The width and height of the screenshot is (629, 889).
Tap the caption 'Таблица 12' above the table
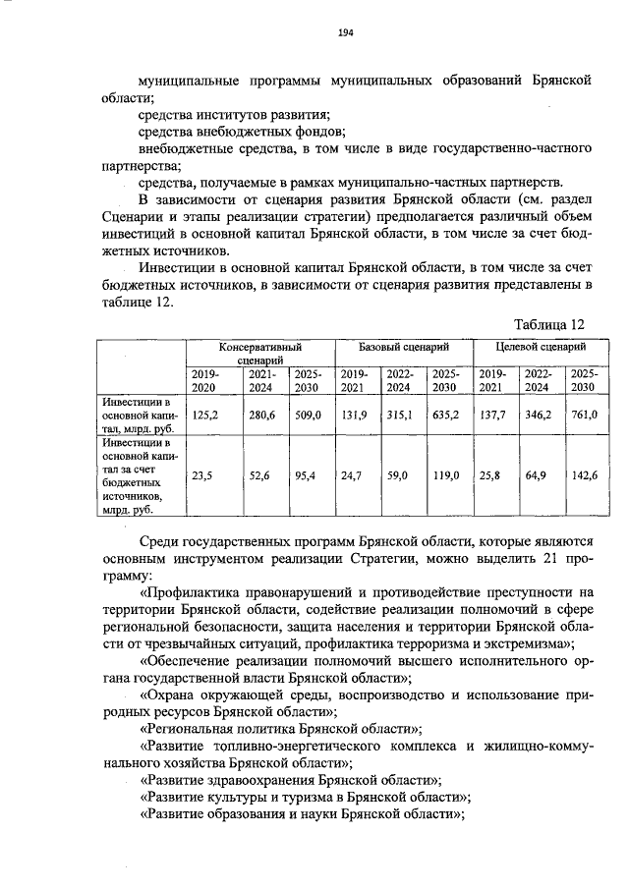pos(549,324)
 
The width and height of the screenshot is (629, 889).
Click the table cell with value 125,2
pos(205,416)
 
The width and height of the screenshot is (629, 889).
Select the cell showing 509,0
pos(308,416)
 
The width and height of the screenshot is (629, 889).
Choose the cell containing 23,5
pos(203,475)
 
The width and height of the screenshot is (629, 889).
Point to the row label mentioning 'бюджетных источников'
pos(140,476)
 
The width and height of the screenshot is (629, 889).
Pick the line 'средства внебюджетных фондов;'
pos(242,132)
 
